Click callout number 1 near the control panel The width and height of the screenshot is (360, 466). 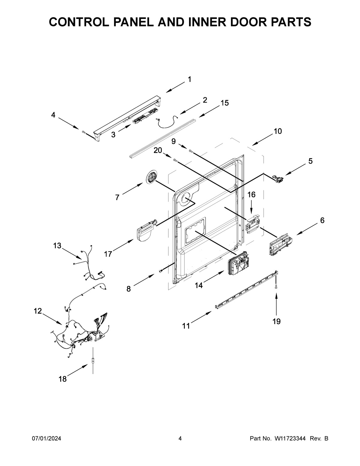[x=189, y=80]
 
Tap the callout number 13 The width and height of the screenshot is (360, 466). [x=57, y=246]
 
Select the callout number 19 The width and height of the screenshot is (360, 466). [x=276, y=322]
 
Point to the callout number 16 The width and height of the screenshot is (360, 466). [x=251, y=195]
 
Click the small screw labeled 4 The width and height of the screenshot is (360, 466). [x=83, y=132]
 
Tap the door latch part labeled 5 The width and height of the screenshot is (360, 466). [x=278, y=179]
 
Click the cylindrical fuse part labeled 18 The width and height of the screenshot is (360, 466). [x=93, y=361]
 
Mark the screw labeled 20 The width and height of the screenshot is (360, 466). [x=175, y=161]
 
